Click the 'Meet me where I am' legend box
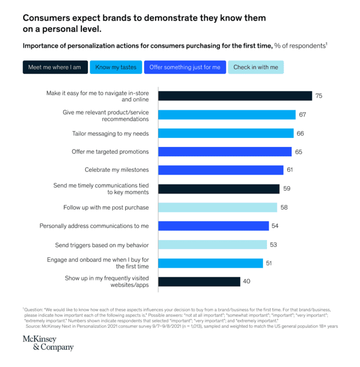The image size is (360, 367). click(x=55, y=68)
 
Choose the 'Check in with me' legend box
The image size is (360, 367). click(x=256, y=68)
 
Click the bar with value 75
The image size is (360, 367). click(x=235, y=96)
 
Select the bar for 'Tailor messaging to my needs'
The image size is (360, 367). click(x=226, y=133)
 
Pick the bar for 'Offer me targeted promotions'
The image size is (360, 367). click(x=225, y=152)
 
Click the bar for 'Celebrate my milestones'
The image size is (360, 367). click(x=221, y=170)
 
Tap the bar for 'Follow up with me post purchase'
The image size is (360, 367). click(x=218, y=207)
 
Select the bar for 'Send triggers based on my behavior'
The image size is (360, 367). click(x=213, y=244)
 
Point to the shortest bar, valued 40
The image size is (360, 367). click(x=199, y=282)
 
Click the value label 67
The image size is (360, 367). click(x=302, y=115)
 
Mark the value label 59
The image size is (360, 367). click(x=287, y=189)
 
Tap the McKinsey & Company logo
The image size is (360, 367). click(x=48, y=343)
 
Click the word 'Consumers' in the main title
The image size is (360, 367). click(x=48, y=18)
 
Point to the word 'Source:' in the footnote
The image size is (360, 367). click(x=34, y=326)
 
